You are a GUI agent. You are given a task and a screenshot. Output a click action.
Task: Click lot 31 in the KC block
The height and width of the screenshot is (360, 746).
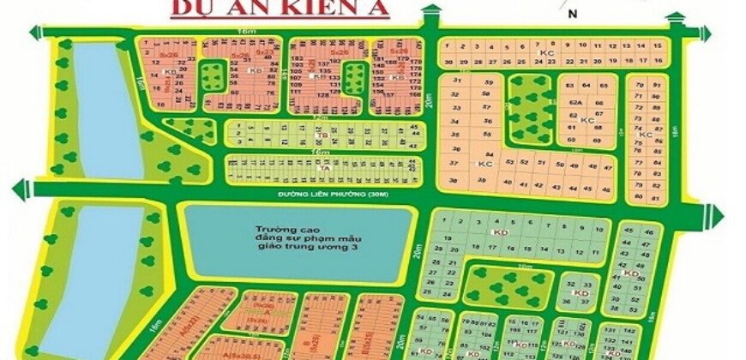[457, 81]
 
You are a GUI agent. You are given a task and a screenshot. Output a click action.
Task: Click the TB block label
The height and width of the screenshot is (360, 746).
[323, 135]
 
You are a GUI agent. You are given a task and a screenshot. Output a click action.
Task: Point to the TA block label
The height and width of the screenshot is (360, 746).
[323, 169]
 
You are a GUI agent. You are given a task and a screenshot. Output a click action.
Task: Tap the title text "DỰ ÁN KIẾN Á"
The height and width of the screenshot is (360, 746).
[280, 9]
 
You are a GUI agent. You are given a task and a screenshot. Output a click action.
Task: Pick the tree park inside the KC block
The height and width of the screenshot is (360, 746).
[528, 109]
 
